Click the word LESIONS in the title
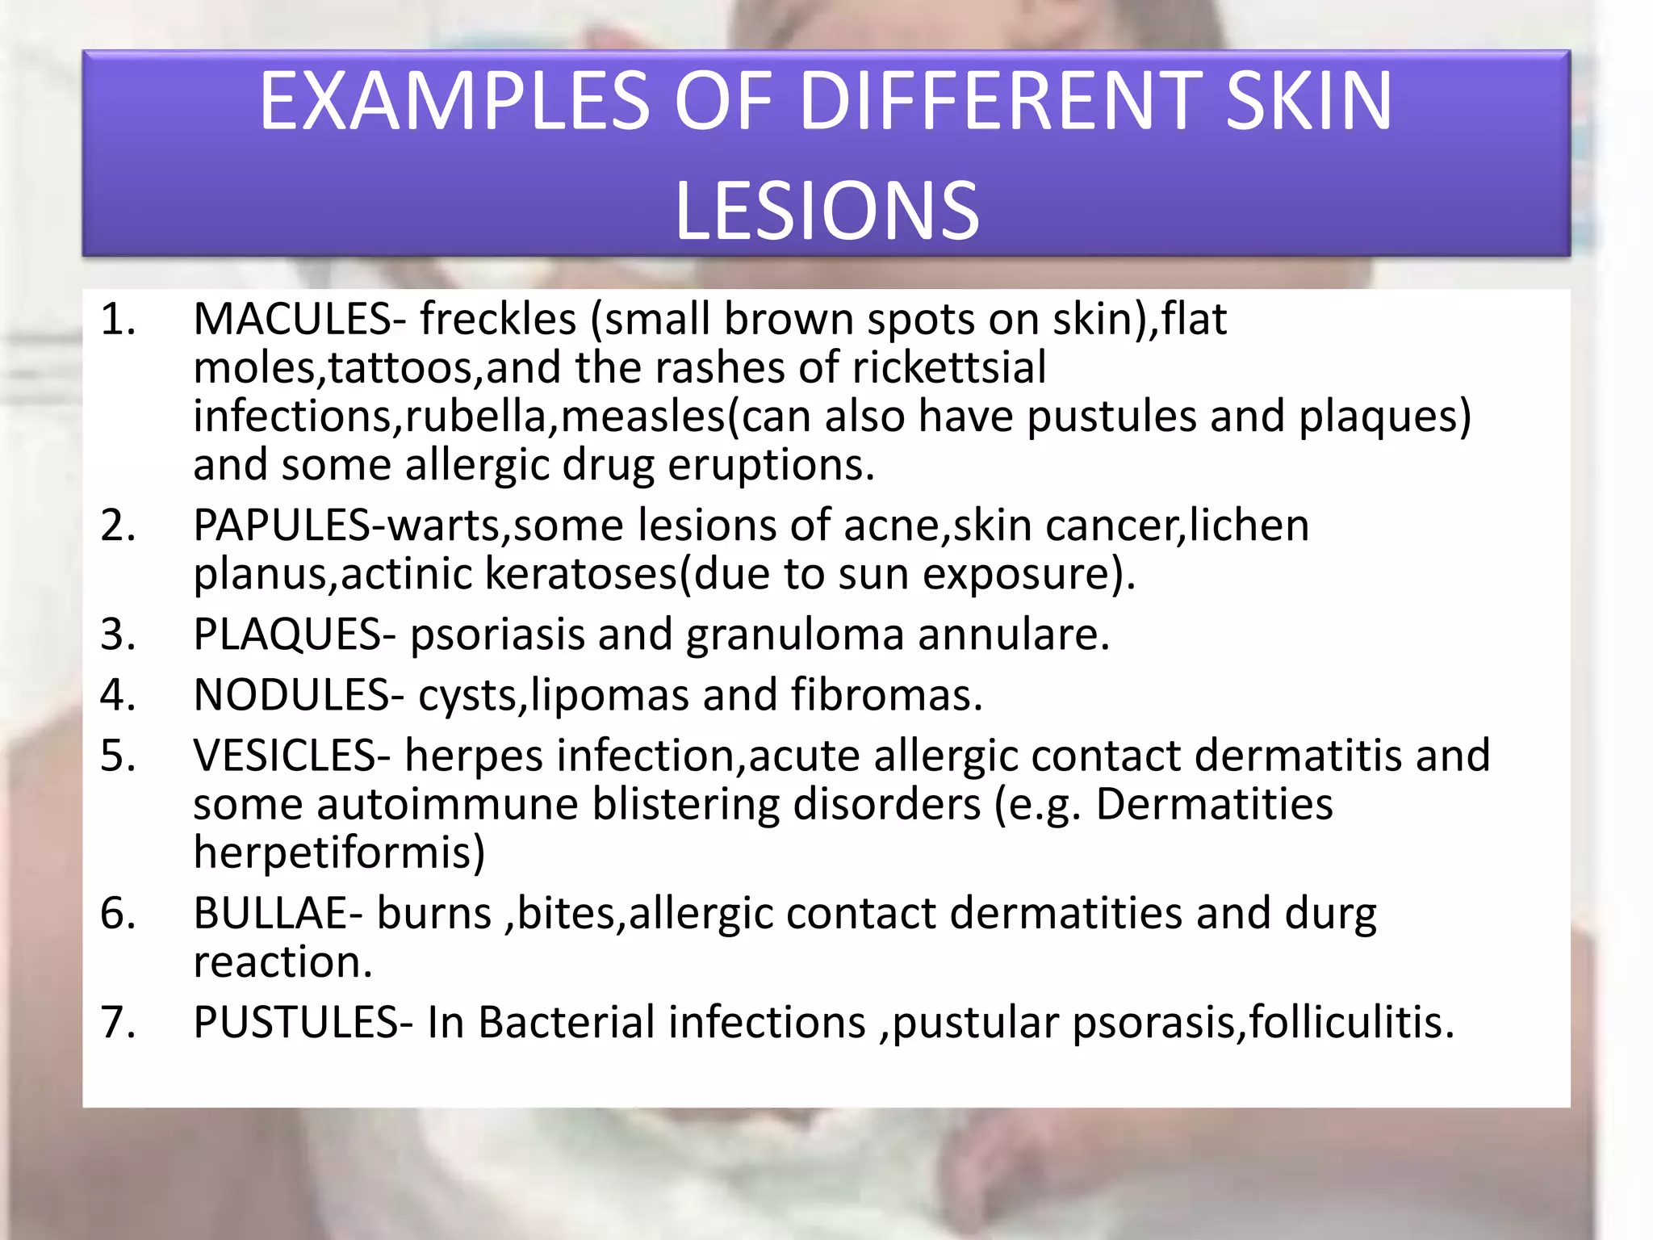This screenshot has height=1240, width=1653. tap(826, 212)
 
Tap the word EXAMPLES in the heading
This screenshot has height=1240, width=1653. tap(454, 102)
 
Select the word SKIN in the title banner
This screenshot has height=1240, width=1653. tap(1308, 102)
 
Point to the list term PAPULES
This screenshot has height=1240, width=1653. tap(282, 526)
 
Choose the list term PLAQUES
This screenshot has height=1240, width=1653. tap(287, 635)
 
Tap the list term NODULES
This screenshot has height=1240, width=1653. tap(291, 695)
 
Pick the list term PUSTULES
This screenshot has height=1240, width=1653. tap(295, 1022)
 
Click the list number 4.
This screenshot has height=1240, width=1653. tap(117, 695)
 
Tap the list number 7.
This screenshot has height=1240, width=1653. tap(117, 1022)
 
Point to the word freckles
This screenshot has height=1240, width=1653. tap(497, 320)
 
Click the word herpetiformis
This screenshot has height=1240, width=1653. tap(339, 852)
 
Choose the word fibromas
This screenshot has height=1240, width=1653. tap(886, 695)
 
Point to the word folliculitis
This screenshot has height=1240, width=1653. tap(1350, 1022)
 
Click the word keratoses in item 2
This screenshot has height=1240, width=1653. tap(580, 574)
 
